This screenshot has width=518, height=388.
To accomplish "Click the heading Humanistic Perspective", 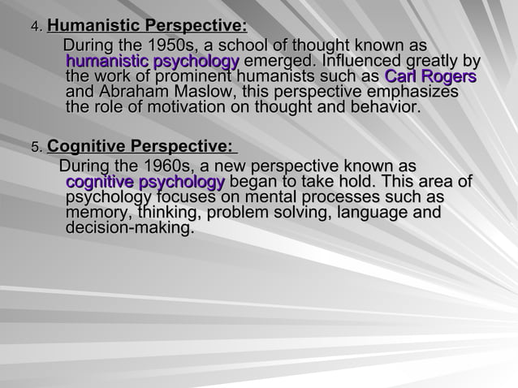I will [147, 29].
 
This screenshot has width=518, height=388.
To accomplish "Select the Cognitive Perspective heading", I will [141, 147].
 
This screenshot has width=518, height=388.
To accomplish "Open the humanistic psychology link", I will [152, 62].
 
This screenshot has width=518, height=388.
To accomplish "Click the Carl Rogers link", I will [430, 77].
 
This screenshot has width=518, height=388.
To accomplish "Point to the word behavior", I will [386, 108].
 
